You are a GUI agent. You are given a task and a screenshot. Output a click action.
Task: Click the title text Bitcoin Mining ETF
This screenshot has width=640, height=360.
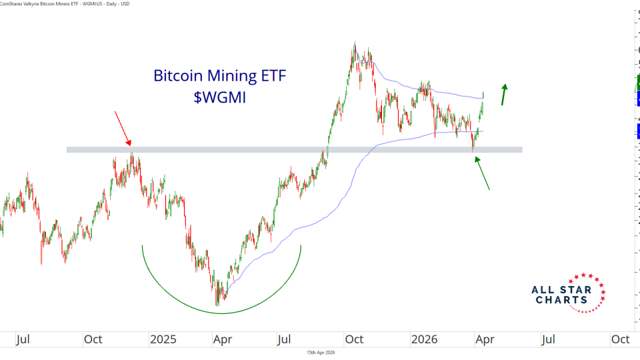click(219, 75)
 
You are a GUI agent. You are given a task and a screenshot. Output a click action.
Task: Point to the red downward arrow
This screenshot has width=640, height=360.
click(123, 127)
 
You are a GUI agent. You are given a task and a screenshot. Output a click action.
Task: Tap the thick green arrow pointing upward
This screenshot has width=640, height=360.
click(505, 94)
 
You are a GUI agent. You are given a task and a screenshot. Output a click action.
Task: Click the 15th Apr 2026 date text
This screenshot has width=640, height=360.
click(320, 352)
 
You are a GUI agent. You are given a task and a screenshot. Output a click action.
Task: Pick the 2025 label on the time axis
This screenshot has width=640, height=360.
click(163, 339)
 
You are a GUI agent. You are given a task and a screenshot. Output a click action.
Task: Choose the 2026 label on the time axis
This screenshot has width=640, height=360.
click(425, 339)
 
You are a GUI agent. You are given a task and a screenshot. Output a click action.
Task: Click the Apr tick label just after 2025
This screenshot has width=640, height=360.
click(221, 339)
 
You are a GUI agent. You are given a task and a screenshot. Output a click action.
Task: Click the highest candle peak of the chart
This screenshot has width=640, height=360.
click(355, 43)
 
